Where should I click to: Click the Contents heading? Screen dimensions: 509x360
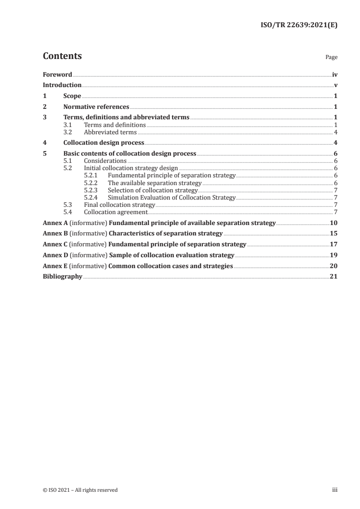pos(62,56)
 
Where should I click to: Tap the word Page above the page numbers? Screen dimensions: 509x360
pos(331,58)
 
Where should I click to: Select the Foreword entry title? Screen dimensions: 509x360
pos(57,74)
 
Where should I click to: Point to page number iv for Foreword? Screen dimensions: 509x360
pos(334,74)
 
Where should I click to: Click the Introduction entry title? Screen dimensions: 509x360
pos(62,85)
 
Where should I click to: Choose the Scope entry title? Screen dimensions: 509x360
pos(72,96)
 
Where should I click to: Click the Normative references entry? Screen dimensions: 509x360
pos(96,107)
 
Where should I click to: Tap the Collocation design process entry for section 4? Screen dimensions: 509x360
pos(104,143)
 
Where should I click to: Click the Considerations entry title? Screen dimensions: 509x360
pos(105,161)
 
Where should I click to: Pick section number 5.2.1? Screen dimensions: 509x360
pos(91,176)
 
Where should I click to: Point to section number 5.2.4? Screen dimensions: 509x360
pos(91,198)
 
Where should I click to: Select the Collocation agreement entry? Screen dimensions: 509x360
pos(115,212)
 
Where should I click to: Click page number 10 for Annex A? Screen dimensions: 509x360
pos(334,223)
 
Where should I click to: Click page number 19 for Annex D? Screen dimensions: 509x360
pos(334,255)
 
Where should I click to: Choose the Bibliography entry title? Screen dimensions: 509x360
pos(62,277)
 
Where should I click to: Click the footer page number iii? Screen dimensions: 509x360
pos(334,490)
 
